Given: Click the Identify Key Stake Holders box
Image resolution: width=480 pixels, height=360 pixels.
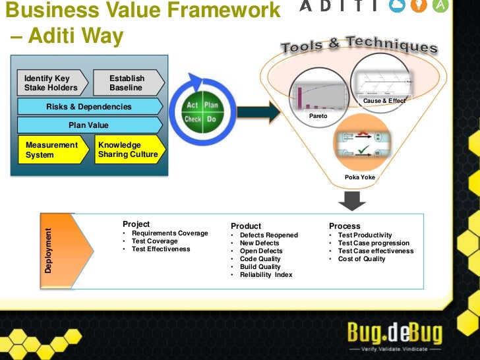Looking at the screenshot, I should pyautogui.click(x=52, y=83).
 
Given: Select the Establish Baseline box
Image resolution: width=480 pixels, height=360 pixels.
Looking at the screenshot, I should pyautogui.click(x=127, y=83).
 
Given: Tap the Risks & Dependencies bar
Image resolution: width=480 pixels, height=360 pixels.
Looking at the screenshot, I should pyautogui.click(x=89, y=107).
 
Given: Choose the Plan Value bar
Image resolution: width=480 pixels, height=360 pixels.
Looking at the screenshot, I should pyautogui.click(x=89, y=125).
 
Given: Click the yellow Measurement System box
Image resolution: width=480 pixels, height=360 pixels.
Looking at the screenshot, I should pyautogui.click(x=52, y=150).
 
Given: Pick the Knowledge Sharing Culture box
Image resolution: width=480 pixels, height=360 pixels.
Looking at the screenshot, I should pyautogui.click(x=129, y=150).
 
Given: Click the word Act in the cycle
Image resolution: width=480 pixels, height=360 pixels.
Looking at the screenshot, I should pyautogui.click(x=192, y=105).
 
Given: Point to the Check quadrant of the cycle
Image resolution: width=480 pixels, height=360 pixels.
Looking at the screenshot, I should pyautogui.click(x=192, y=120).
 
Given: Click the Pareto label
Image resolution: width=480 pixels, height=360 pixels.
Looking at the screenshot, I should pyautogui.click(x=318, y=116).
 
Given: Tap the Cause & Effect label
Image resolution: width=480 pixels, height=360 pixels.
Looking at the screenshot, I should pyautogui.click(x=384, y=101).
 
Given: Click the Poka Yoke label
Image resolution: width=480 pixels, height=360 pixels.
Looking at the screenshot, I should pyautogui.click(x=359, y=177).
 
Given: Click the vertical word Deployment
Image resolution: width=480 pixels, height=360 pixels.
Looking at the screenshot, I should pyautogui.click(x=48, y=251).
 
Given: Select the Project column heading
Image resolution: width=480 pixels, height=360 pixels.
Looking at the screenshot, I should pyautogui.click(x=136, y=224).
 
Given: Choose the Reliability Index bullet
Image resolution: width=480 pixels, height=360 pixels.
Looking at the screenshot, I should pyautogui.click(x=266, y=274).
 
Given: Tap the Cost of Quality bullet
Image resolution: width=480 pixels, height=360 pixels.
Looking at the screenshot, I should pyautogui.click(x=361, y=258).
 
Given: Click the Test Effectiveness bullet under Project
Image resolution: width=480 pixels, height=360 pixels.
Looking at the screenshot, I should pyautogui.click(x=160, y=249).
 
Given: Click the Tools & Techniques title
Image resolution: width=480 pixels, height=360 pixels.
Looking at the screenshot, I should pyautogui.click(x=359, y=45).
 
